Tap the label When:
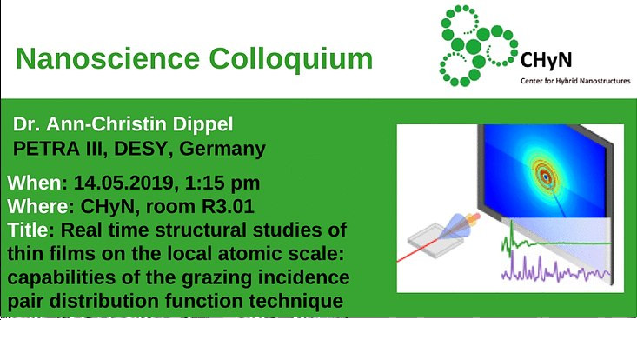pos(36,184)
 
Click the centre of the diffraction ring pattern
pos(546,175)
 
